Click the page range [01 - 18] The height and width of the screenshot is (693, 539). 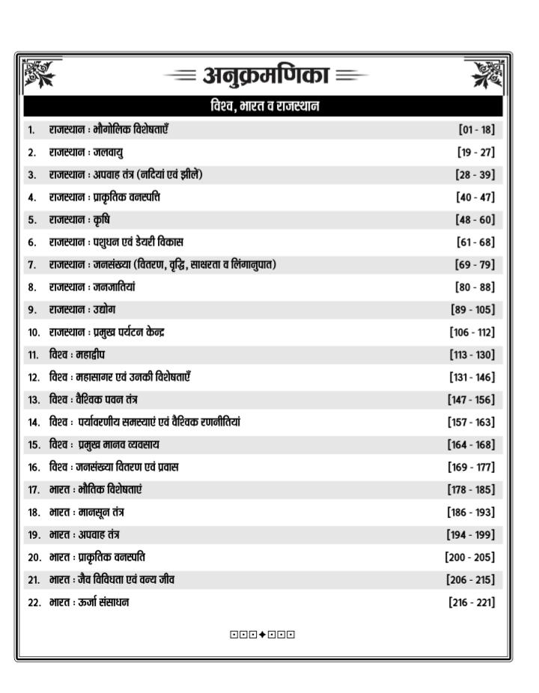click(x=476, y=129)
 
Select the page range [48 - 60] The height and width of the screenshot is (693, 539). click(x=475, y=219)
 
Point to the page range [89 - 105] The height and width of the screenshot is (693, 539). click(x=472, y=309)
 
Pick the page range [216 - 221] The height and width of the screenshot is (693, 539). click(x=472, y=601)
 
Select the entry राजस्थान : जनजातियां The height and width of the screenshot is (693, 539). click(x=92, y=287)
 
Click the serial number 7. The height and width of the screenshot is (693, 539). click(x=31, y=265)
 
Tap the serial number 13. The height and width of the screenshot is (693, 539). click(x=34, y=400)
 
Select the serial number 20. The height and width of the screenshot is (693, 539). click(x=34, y=557)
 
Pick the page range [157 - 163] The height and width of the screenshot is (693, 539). click(x=472, y=422)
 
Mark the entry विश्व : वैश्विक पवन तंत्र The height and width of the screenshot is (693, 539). click(x=94, y=399)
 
